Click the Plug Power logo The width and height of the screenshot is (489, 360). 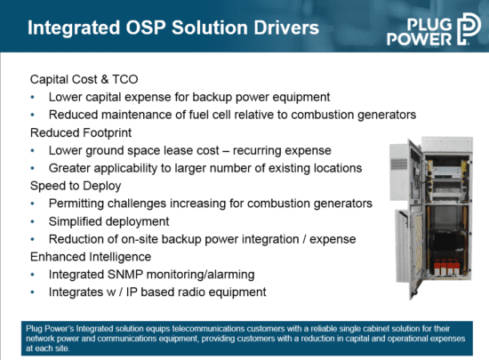point(434,29)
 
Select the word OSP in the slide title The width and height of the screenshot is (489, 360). point(145,28)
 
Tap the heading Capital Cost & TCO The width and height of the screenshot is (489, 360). point(84,79)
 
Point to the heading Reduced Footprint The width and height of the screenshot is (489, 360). point(81,133)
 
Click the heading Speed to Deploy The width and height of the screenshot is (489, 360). point(76,186)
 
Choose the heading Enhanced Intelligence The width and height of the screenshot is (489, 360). point(91,257)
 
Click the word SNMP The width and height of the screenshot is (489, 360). point(125,275)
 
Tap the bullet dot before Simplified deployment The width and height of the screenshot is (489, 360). point(32,221)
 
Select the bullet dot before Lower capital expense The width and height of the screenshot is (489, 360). point(32,97)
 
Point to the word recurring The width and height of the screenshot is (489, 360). point(254,151)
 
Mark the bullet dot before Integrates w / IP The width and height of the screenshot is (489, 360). point(32,292)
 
